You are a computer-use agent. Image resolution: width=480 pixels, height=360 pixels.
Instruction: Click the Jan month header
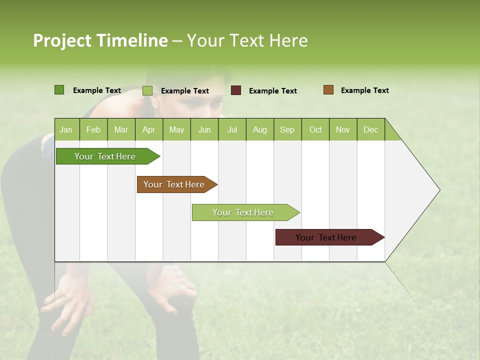pos(66,129)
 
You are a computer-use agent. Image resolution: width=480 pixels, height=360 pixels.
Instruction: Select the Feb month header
pos(93,129)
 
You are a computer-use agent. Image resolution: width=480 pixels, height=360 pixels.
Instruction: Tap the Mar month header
pos(121,129)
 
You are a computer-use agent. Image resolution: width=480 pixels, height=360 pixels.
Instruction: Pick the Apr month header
pos(149,129)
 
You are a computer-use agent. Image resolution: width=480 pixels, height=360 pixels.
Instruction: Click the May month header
pos(176,129)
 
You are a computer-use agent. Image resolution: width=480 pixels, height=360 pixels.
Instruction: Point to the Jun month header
pos(204,129)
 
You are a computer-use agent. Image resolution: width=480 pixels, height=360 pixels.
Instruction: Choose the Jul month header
pos(232,129)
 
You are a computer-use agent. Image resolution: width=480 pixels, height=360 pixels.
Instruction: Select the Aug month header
pos(260,129)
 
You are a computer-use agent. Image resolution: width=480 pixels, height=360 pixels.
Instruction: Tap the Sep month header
pos(287,129)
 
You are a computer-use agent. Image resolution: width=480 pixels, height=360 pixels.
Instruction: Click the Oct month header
pos(315,129)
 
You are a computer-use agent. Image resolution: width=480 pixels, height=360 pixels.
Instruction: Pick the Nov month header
pos(343,129)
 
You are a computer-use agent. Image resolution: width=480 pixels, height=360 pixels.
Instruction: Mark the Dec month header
pos(371,129)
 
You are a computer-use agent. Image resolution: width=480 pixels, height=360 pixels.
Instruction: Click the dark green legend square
pos(59,90)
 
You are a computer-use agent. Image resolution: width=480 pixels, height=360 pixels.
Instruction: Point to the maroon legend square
pos(236,90)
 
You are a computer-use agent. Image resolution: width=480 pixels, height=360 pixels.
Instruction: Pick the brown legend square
pos(328,90)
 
